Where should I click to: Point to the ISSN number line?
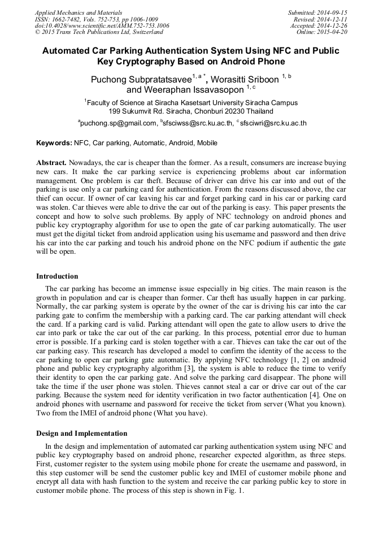96,19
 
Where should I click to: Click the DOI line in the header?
102,26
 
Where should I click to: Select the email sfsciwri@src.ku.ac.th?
273,123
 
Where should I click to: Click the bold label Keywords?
54,144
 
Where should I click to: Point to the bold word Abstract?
51,162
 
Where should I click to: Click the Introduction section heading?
57,276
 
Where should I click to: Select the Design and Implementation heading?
81,433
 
